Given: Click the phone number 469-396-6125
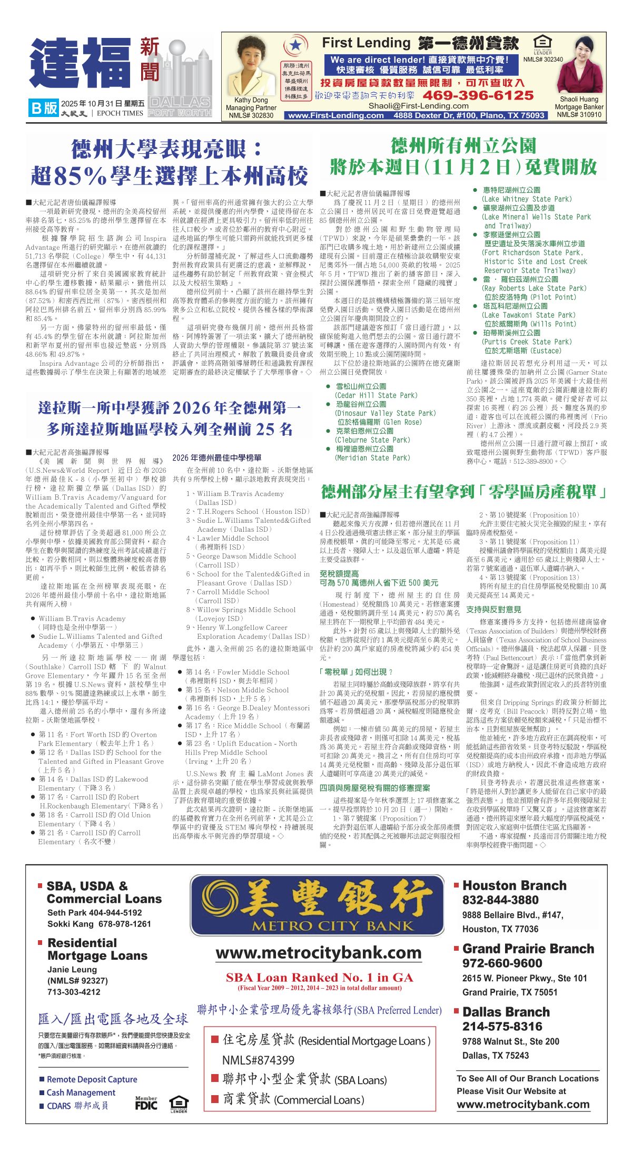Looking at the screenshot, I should [478, 95].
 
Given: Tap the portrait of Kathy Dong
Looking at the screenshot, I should [250, 69].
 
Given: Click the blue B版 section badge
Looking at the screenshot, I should [44, 108].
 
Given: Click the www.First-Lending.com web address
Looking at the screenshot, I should [335, 115].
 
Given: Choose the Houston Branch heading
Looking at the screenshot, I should [514, 886].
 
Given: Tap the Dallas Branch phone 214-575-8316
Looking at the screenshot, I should [502, 1026].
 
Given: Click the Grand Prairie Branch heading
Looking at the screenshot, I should [528, 949].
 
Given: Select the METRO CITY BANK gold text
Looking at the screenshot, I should [332, 925].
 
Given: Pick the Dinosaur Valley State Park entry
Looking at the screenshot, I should [385, 413].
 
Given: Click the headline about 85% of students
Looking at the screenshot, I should [169, 162].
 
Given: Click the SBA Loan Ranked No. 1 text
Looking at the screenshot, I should [319, 978].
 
